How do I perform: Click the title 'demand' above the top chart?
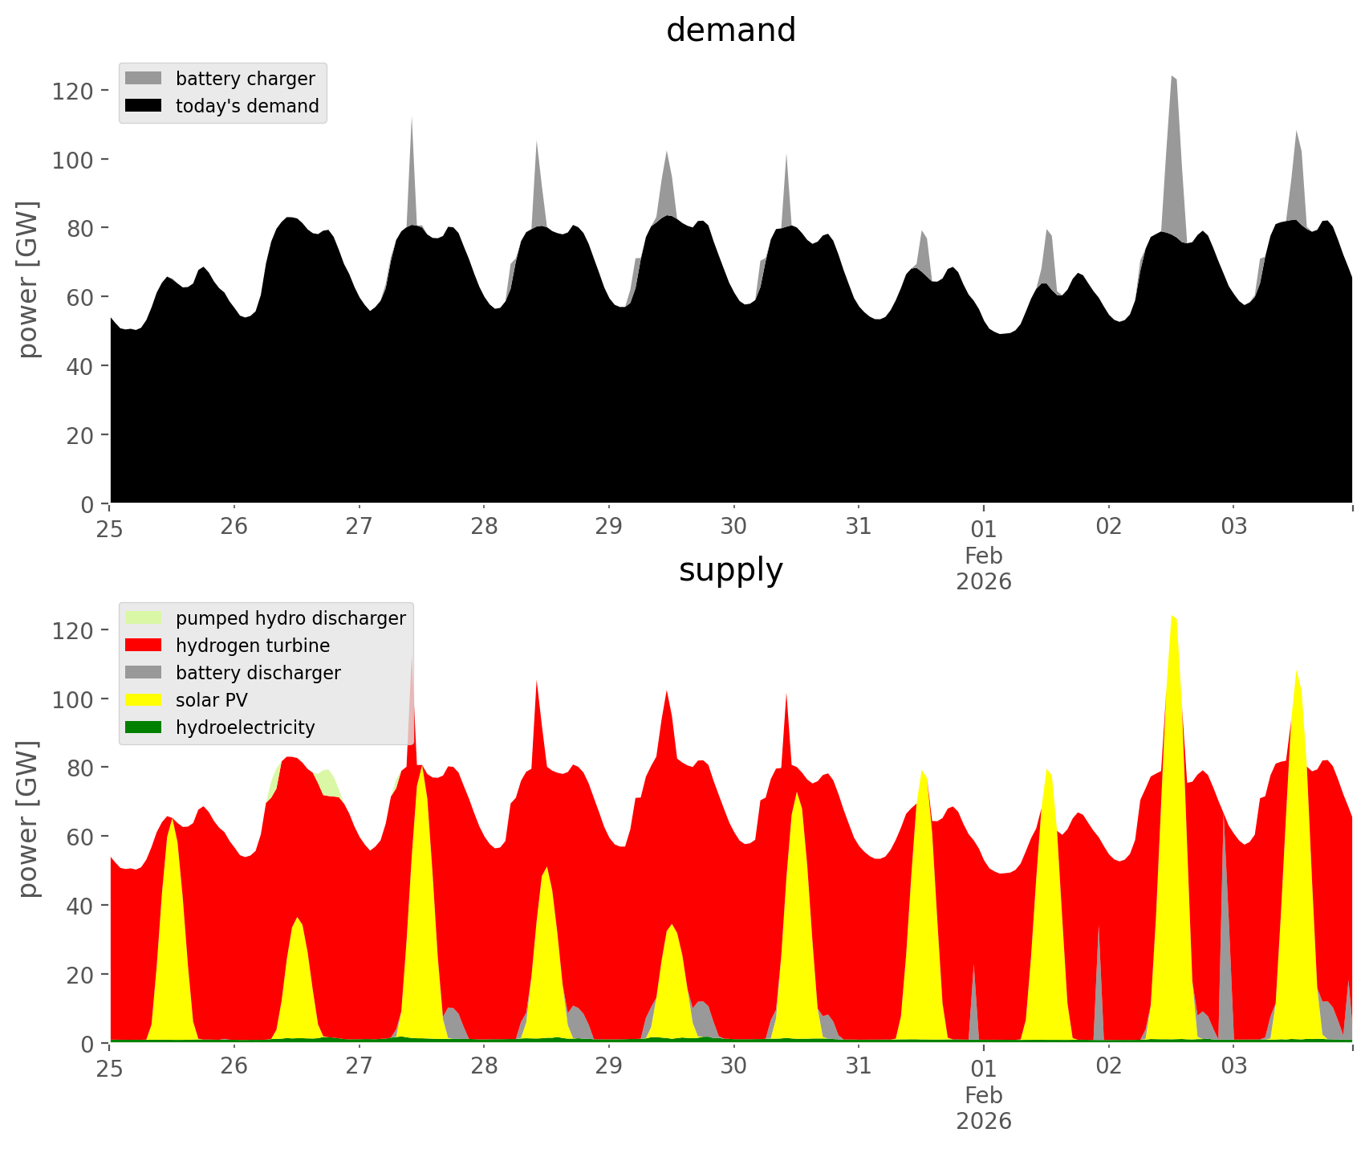click(x=730, y=31)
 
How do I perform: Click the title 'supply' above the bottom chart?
click(x=730, y=570)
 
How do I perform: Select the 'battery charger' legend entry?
click(x=245, y=79)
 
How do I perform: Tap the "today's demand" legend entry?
click(x=247, y=106)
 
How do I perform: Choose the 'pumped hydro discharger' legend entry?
click(x=290, y=618)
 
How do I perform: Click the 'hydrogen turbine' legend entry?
click(x=252, y=646)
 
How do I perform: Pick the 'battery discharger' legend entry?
click(x=258, y=673)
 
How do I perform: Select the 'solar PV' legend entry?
click(x=211, y=700)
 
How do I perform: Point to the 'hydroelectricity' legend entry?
click(x=245, y=727)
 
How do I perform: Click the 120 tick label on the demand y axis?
click(x=73, y=91)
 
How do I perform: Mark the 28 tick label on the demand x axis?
click(x=484, y=527)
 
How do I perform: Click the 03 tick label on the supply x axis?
click(x=1233, y=1066)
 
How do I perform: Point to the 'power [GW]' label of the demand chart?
click(x=28, y=279)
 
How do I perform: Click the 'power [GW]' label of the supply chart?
click(x=28, y=819)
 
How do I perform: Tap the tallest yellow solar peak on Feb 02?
click(x=1173, y=642)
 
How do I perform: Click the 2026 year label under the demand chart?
click(x=983, y=581)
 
